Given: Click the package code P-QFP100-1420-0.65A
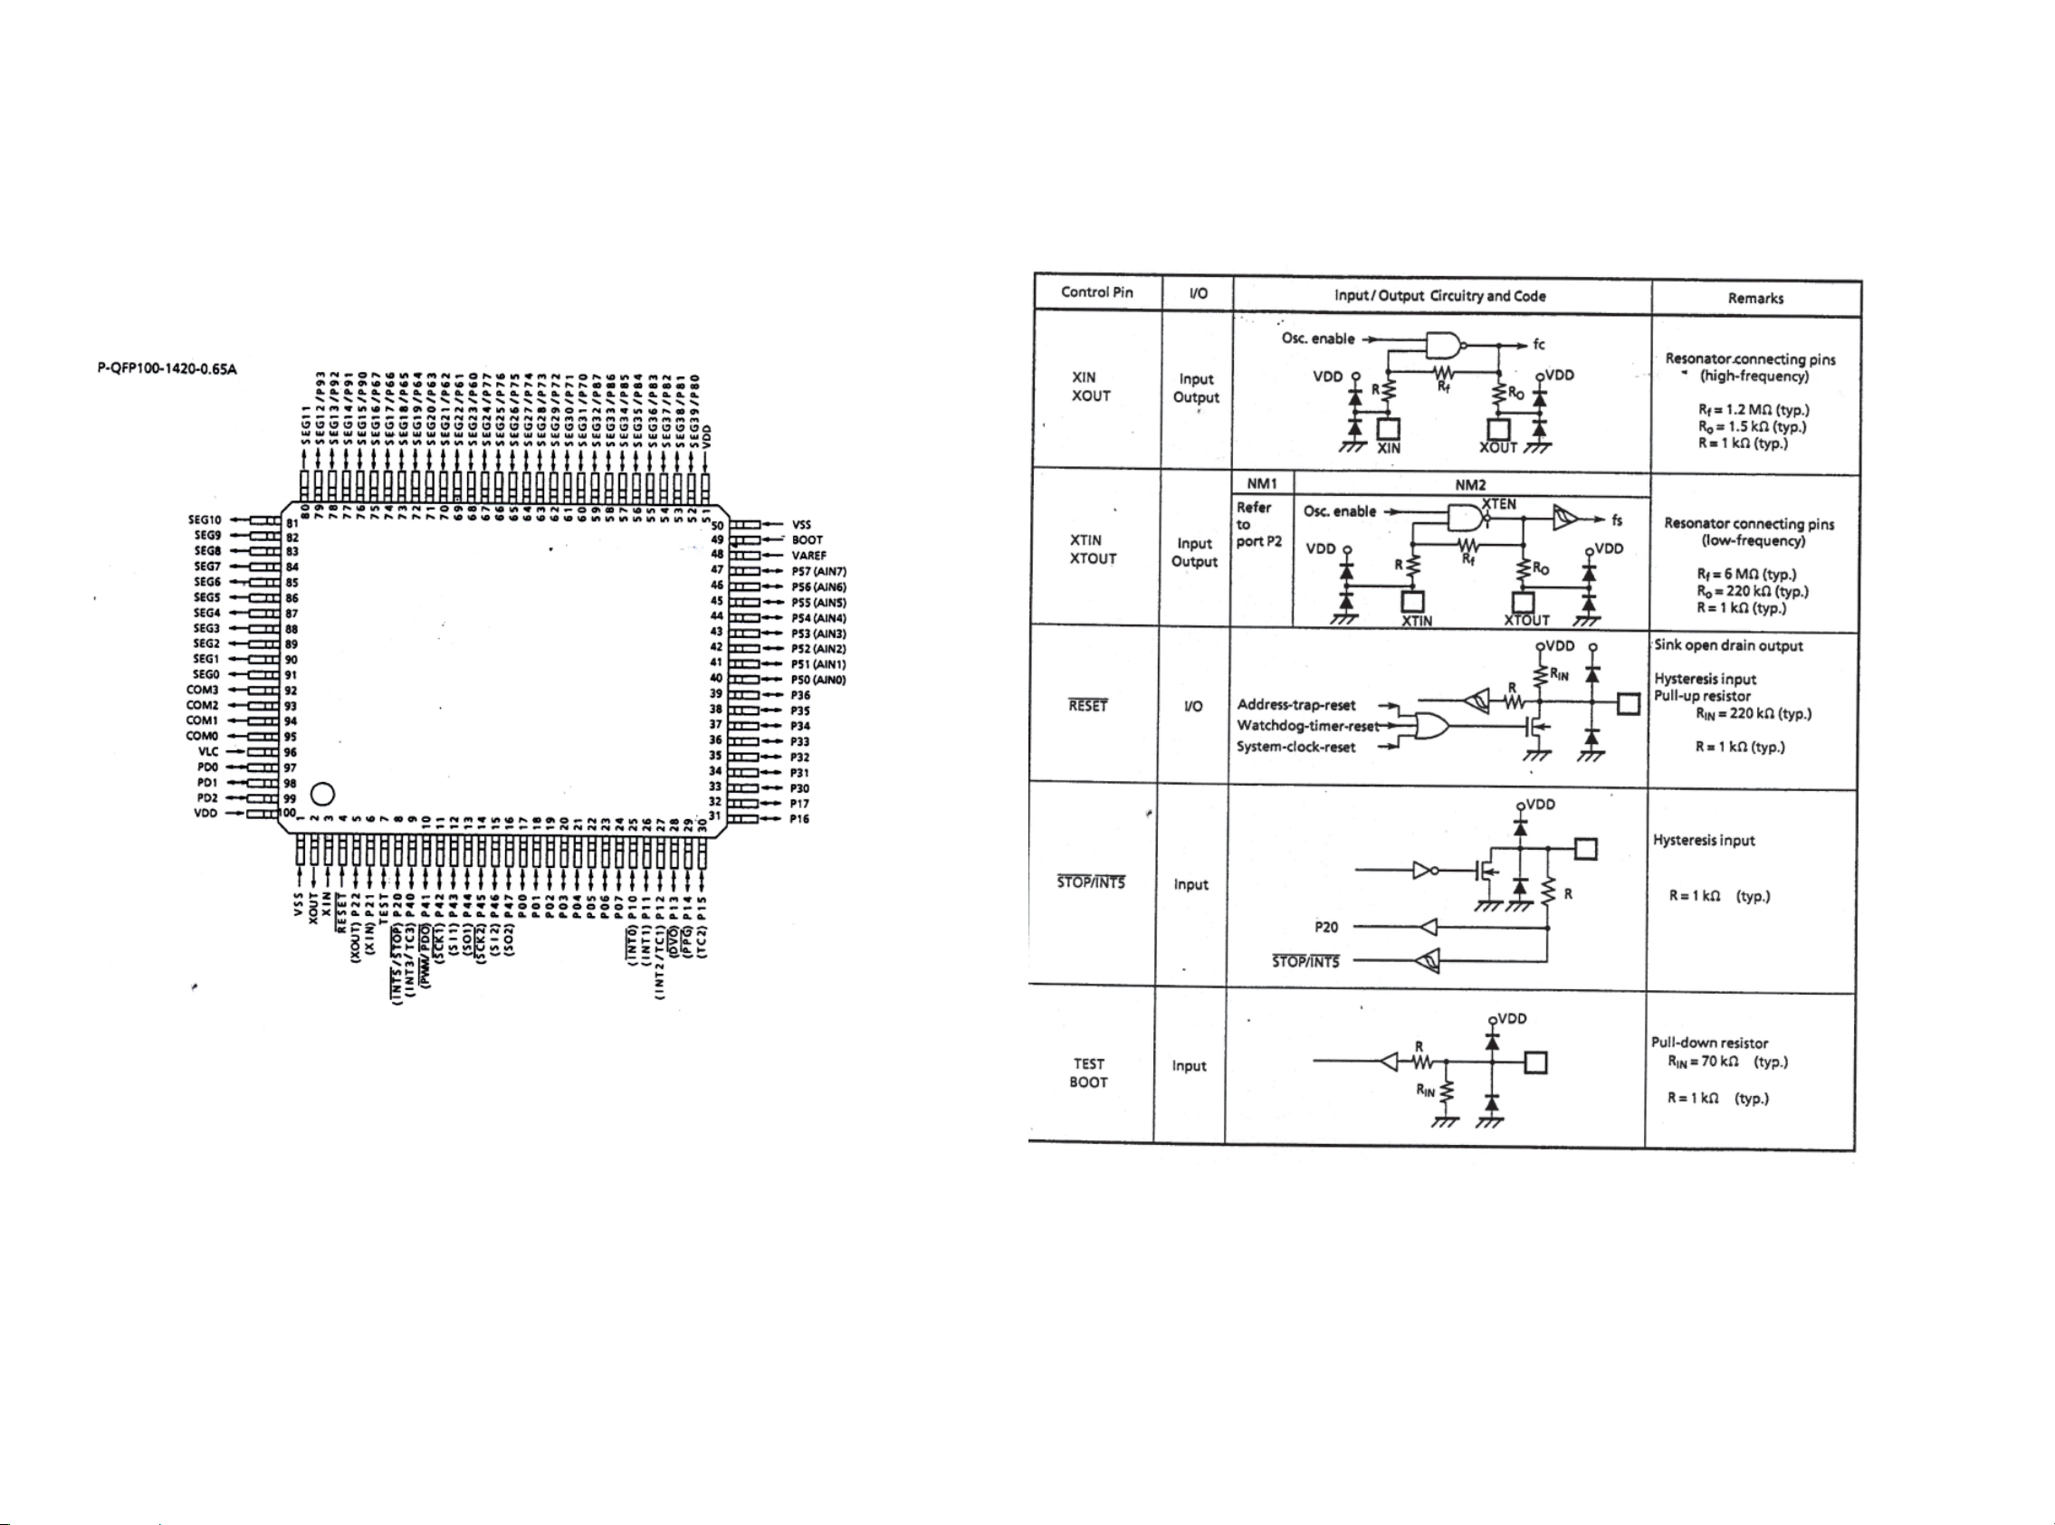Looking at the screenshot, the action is click(167, 369).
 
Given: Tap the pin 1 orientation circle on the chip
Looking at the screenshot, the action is click(323, 794).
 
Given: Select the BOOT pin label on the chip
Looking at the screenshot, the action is click(807, 540).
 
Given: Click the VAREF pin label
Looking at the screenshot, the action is click(808, 556).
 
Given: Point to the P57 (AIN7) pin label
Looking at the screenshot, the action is click(818, 571).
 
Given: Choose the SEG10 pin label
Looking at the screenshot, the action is click(205, 519).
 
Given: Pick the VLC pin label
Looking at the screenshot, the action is click(207, 751).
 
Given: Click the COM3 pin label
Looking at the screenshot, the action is click(202, 690).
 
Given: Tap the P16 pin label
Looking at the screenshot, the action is click(798, 819).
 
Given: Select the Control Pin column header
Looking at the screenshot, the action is click(1096, 292).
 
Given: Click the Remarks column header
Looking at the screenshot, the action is click(1755, 298).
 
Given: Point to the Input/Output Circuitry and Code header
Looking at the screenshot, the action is click(1439, 295).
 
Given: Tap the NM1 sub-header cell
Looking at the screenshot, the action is click(1261, 483).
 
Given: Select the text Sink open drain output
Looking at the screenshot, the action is click(1728, 645).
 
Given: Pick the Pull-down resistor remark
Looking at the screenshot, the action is click(1709, 1043).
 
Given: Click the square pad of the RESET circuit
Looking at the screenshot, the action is click(1628, 704).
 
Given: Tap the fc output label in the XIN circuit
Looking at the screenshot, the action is click(1538, 344).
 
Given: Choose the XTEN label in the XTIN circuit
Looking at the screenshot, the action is click(1498, 503).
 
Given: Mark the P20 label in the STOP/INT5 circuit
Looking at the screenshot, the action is click(1325, 927).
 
